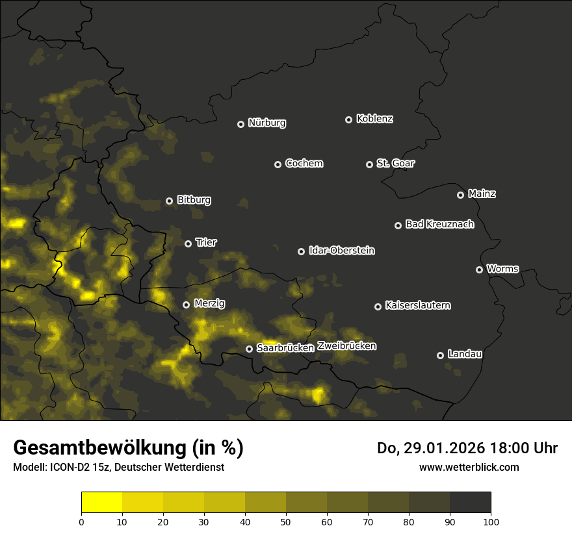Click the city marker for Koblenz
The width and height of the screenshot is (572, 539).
coord(348,119)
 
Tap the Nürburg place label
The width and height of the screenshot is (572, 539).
coord(266,123)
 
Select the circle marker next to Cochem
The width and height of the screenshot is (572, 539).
coord(278,164)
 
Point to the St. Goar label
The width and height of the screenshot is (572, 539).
coord(395,164)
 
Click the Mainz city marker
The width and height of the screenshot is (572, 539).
coord(460,195)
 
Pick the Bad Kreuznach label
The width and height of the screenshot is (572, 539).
coord(439,225)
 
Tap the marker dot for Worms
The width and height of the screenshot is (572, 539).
coord(479,269)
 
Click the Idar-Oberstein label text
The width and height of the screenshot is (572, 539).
coord(341,251)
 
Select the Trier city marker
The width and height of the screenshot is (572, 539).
coord(188,244)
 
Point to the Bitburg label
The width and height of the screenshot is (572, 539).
coord(194,200)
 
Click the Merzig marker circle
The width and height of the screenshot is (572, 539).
coord(186,305)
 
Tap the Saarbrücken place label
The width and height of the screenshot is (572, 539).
coord(285,348)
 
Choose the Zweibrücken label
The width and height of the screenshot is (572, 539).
coord(346,346)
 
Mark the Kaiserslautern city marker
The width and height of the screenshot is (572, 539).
coord(378,307)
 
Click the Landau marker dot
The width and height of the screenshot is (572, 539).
coord(440,355)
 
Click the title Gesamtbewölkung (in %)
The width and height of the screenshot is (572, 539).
coord(128,448)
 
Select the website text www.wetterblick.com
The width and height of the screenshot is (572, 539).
coord(469,467)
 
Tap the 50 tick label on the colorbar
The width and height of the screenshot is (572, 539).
coord(286,521)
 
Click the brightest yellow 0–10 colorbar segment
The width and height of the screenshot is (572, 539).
coord(101,503)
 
